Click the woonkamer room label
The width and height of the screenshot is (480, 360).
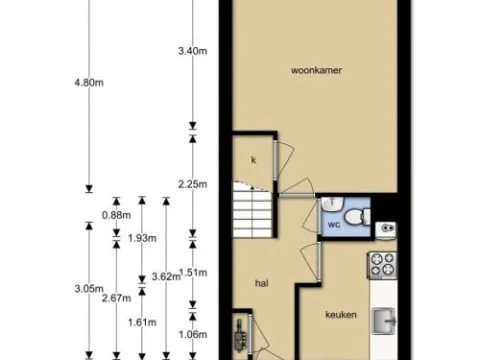312,71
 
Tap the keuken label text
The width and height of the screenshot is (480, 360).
341,315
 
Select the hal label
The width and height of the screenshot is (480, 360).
262,283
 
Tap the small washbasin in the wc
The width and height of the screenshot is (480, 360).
386,231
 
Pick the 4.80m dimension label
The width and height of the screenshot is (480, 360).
88,83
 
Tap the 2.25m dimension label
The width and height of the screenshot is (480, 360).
191,183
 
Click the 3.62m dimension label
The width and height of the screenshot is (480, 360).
166,276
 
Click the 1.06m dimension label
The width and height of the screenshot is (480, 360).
191,334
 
